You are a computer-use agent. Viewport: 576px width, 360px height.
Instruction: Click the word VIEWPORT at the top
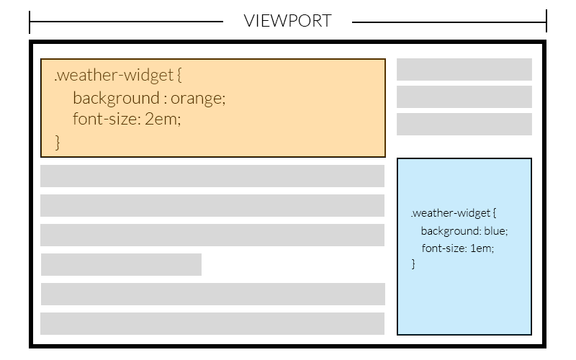[x=287, y=21]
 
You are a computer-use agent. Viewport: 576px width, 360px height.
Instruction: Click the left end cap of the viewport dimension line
[x=30, y=22]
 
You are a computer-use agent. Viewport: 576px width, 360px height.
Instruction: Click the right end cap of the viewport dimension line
[x=546, y=22]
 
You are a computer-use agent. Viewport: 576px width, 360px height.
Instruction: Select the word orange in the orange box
[x=197, y=98]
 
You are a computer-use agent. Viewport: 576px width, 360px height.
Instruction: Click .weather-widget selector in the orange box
[x=113, y=76]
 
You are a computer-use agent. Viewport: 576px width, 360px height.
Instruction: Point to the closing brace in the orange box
[x=58, y=141]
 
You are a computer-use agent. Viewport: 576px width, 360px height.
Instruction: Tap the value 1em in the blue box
[x=482, y=248]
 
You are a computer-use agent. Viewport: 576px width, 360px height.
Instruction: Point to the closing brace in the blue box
[x=413, y=264]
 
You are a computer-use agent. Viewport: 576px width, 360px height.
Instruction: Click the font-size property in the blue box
[x=443, y=248]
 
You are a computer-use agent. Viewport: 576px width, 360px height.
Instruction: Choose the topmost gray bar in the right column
[x=464, y=70]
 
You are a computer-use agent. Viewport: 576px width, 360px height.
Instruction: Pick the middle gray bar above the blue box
[x=464, y=96]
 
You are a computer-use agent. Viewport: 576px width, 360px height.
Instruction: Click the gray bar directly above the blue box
[x=464, y=124]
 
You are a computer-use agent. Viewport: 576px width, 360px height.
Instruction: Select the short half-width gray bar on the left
[x=121, y=264]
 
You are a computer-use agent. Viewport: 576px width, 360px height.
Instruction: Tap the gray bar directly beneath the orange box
[x=212, y=176]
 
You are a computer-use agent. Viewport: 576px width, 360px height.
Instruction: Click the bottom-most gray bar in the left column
[x=212, y=323]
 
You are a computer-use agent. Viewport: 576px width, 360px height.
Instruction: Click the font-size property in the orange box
[x=106, y=119]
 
